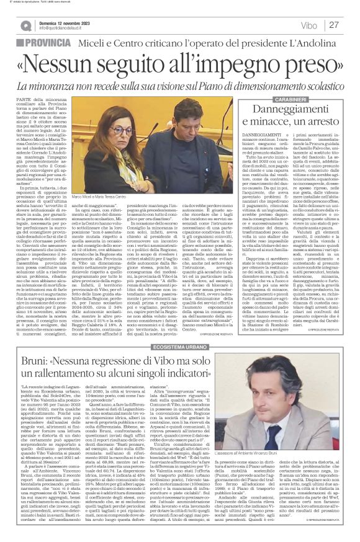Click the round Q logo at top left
coord(25,25)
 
